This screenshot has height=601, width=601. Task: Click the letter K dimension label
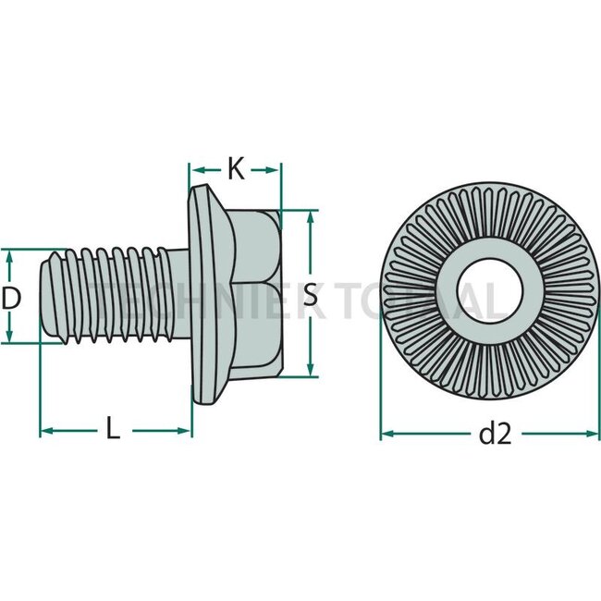tap(235, 169)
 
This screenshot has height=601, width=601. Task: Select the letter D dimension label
tap(11, 298)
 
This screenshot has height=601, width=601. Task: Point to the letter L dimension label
tap(113, 430)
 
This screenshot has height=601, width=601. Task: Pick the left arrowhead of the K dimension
tap(195, 169)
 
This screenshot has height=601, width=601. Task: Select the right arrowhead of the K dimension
tap(274, 169)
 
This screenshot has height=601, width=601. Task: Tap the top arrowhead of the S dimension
tap(311, 216)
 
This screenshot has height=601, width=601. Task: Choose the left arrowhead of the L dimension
tap(45, 430)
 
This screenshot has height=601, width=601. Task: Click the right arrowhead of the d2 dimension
tap(592, 432)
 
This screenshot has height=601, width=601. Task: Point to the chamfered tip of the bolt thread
tap(49, 296)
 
